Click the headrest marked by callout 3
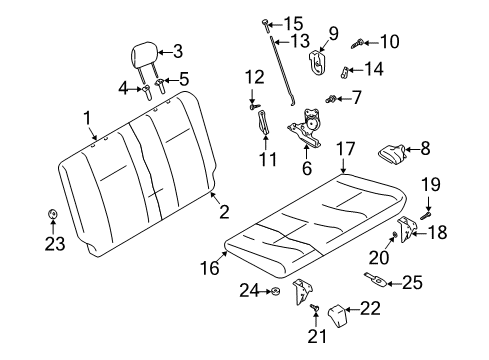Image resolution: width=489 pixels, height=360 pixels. [x=144, y=55]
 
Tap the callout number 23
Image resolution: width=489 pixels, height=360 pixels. [x=55, y=244]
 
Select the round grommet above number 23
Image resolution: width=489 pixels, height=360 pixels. [x=52, y=214]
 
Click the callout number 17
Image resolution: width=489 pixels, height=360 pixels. [x=346, y=149]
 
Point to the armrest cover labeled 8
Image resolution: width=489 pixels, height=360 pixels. [x=392, y=154]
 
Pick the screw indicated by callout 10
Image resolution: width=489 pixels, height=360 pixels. [x=357, y=44]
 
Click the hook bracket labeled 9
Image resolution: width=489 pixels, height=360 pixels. [x=317, y=63]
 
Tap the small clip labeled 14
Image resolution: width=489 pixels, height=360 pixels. [x=345, y=72]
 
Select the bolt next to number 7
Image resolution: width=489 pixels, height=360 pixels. [x=331, y=99]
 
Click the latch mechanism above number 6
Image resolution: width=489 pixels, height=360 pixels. [x=305, y=128]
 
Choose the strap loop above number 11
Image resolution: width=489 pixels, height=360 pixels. [x=264, y=123]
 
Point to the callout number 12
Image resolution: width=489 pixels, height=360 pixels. [x=255, y=77]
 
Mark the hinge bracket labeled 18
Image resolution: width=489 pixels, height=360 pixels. [x=406, y=230]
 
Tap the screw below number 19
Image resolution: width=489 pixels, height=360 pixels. [x=426, y=214]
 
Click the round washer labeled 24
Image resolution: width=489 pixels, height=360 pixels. [x=275, y=292]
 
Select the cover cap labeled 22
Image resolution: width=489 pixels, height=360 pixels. [x=337, y=315]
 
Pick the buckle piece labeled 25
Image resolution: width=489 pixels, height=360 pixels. [x=376, y=280]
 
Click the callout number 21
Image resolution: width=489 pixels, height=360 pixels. [x=317, y=337]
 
